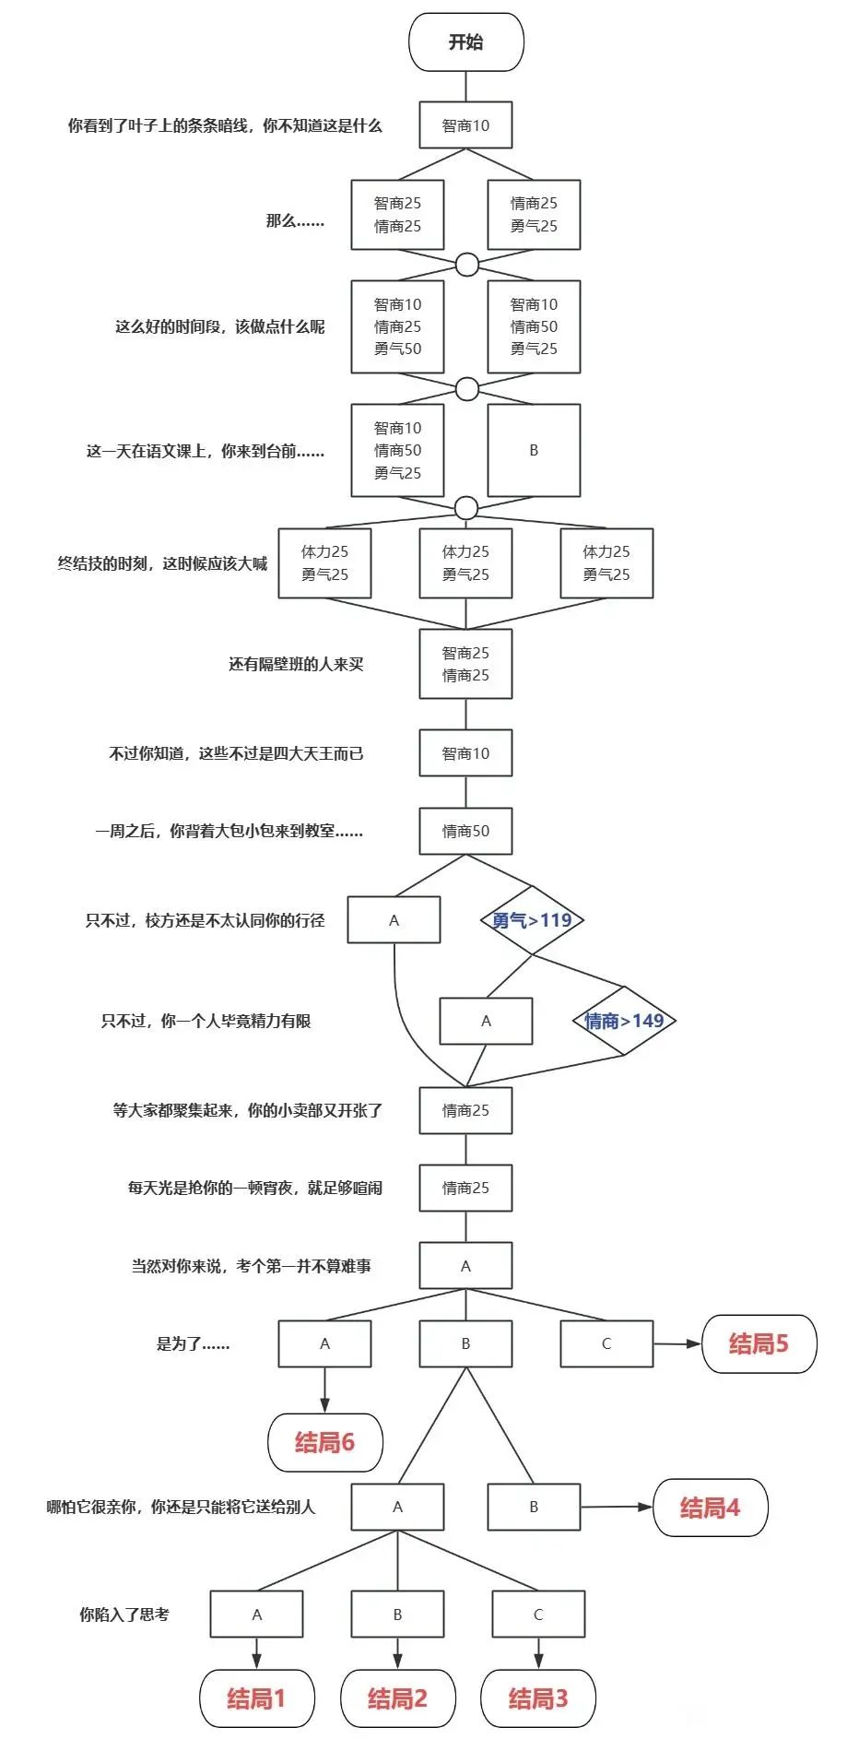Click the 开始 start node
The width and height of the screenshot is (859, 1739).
[x=465, y=42]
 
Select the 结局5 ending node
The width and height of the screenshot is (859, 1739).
[x=759, y=1343]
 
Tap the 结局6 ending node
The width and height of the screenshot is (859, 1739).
[x=324, y=1442]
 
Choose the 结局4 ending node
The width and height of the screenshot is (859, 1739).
[x=710, y=1508]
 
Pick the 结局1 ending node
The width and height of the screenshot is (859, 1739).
[x=256, y=1698]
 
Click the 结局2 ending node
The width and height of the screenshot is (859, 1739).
[x=397, y=1698]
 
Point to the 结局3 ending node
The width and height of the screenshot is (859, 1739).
[x=538, y=1698]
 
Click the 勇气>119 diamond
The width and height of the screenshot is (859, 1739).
[x=532, y=920]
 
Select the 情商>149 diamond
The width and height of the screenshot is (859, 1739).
[x=624, y=1021]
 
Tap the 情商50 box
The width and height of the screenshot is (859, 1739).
[x=465, y=831]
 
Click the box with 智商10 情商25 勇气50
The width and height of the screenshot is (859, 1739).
[x=397, y=326]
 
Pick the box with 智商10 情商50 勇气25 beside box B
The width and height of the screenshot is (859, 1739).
[x=397, y=450]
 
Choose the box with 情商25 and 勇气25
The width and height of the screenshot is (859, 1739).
[x=534, y=215]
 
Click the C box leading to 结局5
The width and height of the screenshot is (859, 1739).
[x=606, y=1343]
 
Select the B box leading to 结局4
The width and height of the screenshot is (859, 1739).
[x=534, y=1507]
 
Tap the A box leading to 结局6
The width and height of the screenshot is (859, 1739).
[x=324, y=1343]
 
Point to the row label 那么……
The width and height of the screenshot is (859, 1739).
[x=295, y=221]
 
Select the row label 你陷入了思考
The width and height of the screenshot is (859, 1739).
[x=124, y=1615]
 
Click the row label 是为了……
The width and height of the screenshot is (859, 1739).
[x=193, y=1343]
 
